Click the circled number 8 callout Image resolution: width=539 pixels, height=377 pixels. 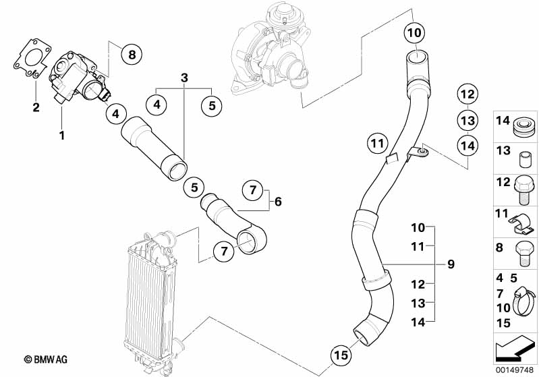click(132, 54)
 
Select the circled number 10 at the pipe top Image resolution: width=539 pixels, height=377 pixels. click(415, 32)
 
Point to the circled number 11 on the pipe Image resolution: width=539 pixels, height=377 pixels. click(378, 142)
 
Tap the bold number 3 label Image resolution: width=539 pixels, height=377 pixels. click(183, 78)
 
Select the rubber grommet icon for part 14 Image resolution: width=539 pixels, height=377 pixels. click(523, 126)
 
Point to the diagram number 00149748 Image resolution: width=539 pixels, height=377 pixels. click(514, 369)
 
